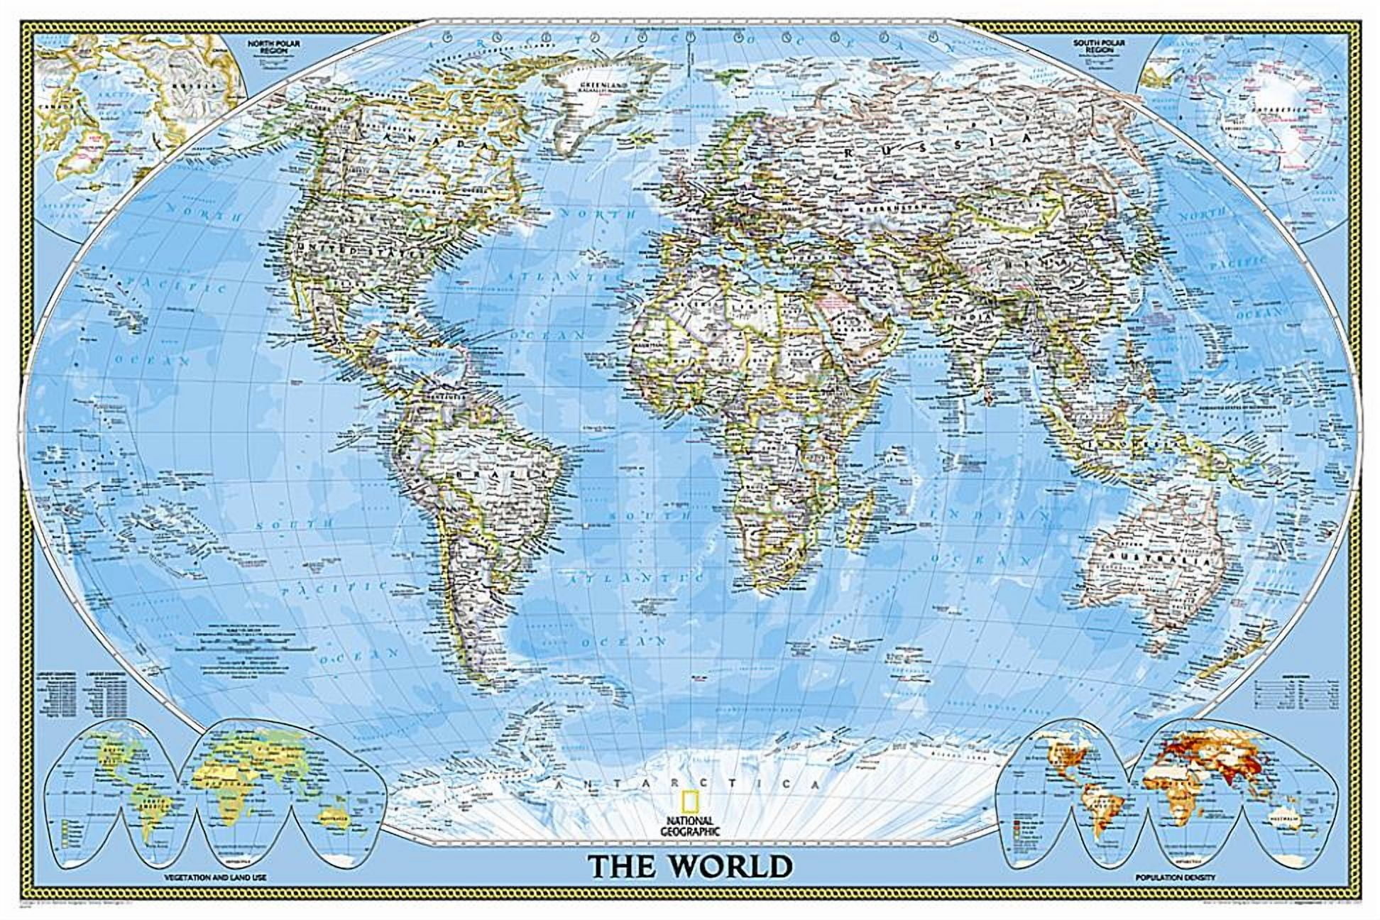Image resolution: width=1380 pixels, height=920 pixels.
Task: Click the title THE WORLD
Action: pyautogui.click(x=690, y=866)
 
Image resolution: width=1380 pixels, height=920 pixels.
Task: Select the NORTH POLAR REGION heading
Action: pyautogui.click(x=265, y=48)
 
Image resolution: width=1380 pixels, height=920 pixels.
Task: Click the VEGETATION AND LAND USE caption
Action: pyautogui.click(x=215, y=878)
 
